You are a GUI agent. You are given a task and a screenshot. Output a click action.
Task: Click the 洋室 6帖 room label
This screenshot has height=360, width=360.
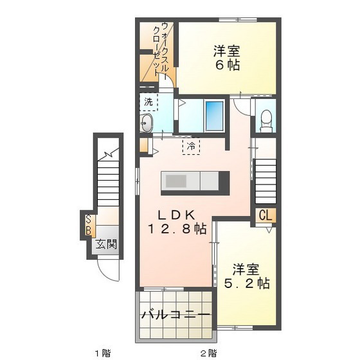(228, 57)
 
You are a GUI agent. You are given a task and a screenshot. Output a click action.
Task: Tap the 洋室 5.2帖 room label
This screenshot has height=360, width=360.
(246, 274)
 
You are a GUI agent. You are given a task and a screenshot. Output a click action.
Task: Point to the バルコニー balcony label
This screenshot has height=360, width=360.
(175, 316)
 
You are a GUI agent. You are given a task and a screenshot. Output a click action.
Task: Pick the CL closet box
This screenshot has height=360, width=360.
(265, 216)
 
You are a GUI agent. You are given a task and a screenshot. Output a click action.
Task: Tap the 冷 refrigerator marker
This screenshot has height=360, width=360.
(191, 146)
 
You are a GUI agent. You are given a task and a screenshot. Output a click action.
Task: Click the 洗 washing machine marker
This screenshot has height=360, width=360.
(148, 102)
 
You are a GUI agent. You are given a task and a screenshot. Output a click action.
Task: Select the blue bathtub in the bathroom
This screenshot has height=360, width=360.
(214, 114)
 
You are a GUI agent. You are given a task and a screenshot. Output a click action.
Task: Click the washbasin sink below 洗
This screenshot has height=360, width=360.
(147, 122)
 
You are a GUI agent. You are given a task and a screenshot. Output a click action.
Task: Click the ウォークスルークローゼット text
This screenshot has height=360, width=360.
(160, 50)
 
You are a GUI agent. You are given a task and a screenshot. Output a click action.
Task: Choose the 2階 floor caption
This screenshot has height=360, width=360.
(207, 352)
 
